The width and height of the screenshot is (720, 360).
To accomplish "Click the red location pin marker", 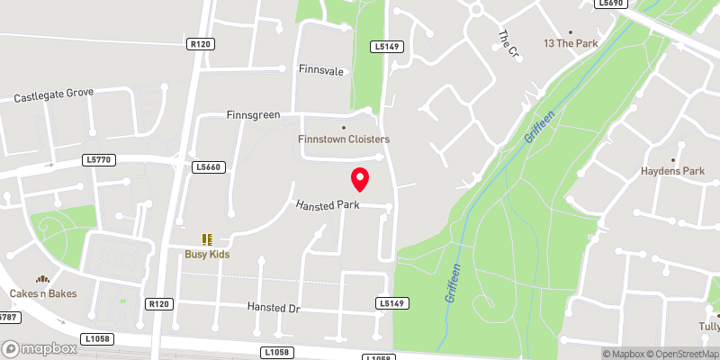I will coord(360,180).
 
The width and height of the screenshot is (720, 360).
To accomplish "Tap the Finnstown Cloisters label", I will coord(344,139).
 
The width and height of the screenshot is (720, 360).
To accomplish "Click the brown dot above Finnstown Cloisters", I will coord(343,127).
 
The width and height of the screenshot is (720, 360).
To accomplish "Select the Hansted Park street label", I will coord(328,205).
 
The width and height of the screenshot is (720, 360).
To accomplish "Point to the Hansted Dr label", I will coord(273,308).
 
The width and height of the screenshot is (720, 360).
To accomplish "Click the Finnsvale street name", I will coord(322,69).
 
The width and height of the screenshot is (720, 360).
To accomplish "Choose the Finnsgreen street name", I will coord(254,115).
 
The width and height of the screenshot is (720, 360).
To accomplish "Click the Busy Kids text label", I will coord(208,255).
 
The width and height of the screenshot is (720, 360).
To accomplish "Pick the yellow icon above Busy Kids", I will coord(208,240).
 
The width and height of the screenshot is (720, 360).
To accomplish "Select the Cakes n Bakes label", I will coord(43,293).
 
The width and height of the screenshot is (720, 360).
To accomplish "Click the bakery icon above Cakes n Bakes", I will coord(41,280).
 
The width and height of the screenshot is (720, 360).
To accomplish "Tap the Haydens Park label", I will coord(672,171).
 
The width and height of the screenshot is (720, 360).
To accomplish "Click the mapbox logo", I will coord(39,348).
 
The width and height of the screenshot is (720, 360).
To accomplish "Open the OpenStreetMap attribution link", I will coord(684,354).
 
